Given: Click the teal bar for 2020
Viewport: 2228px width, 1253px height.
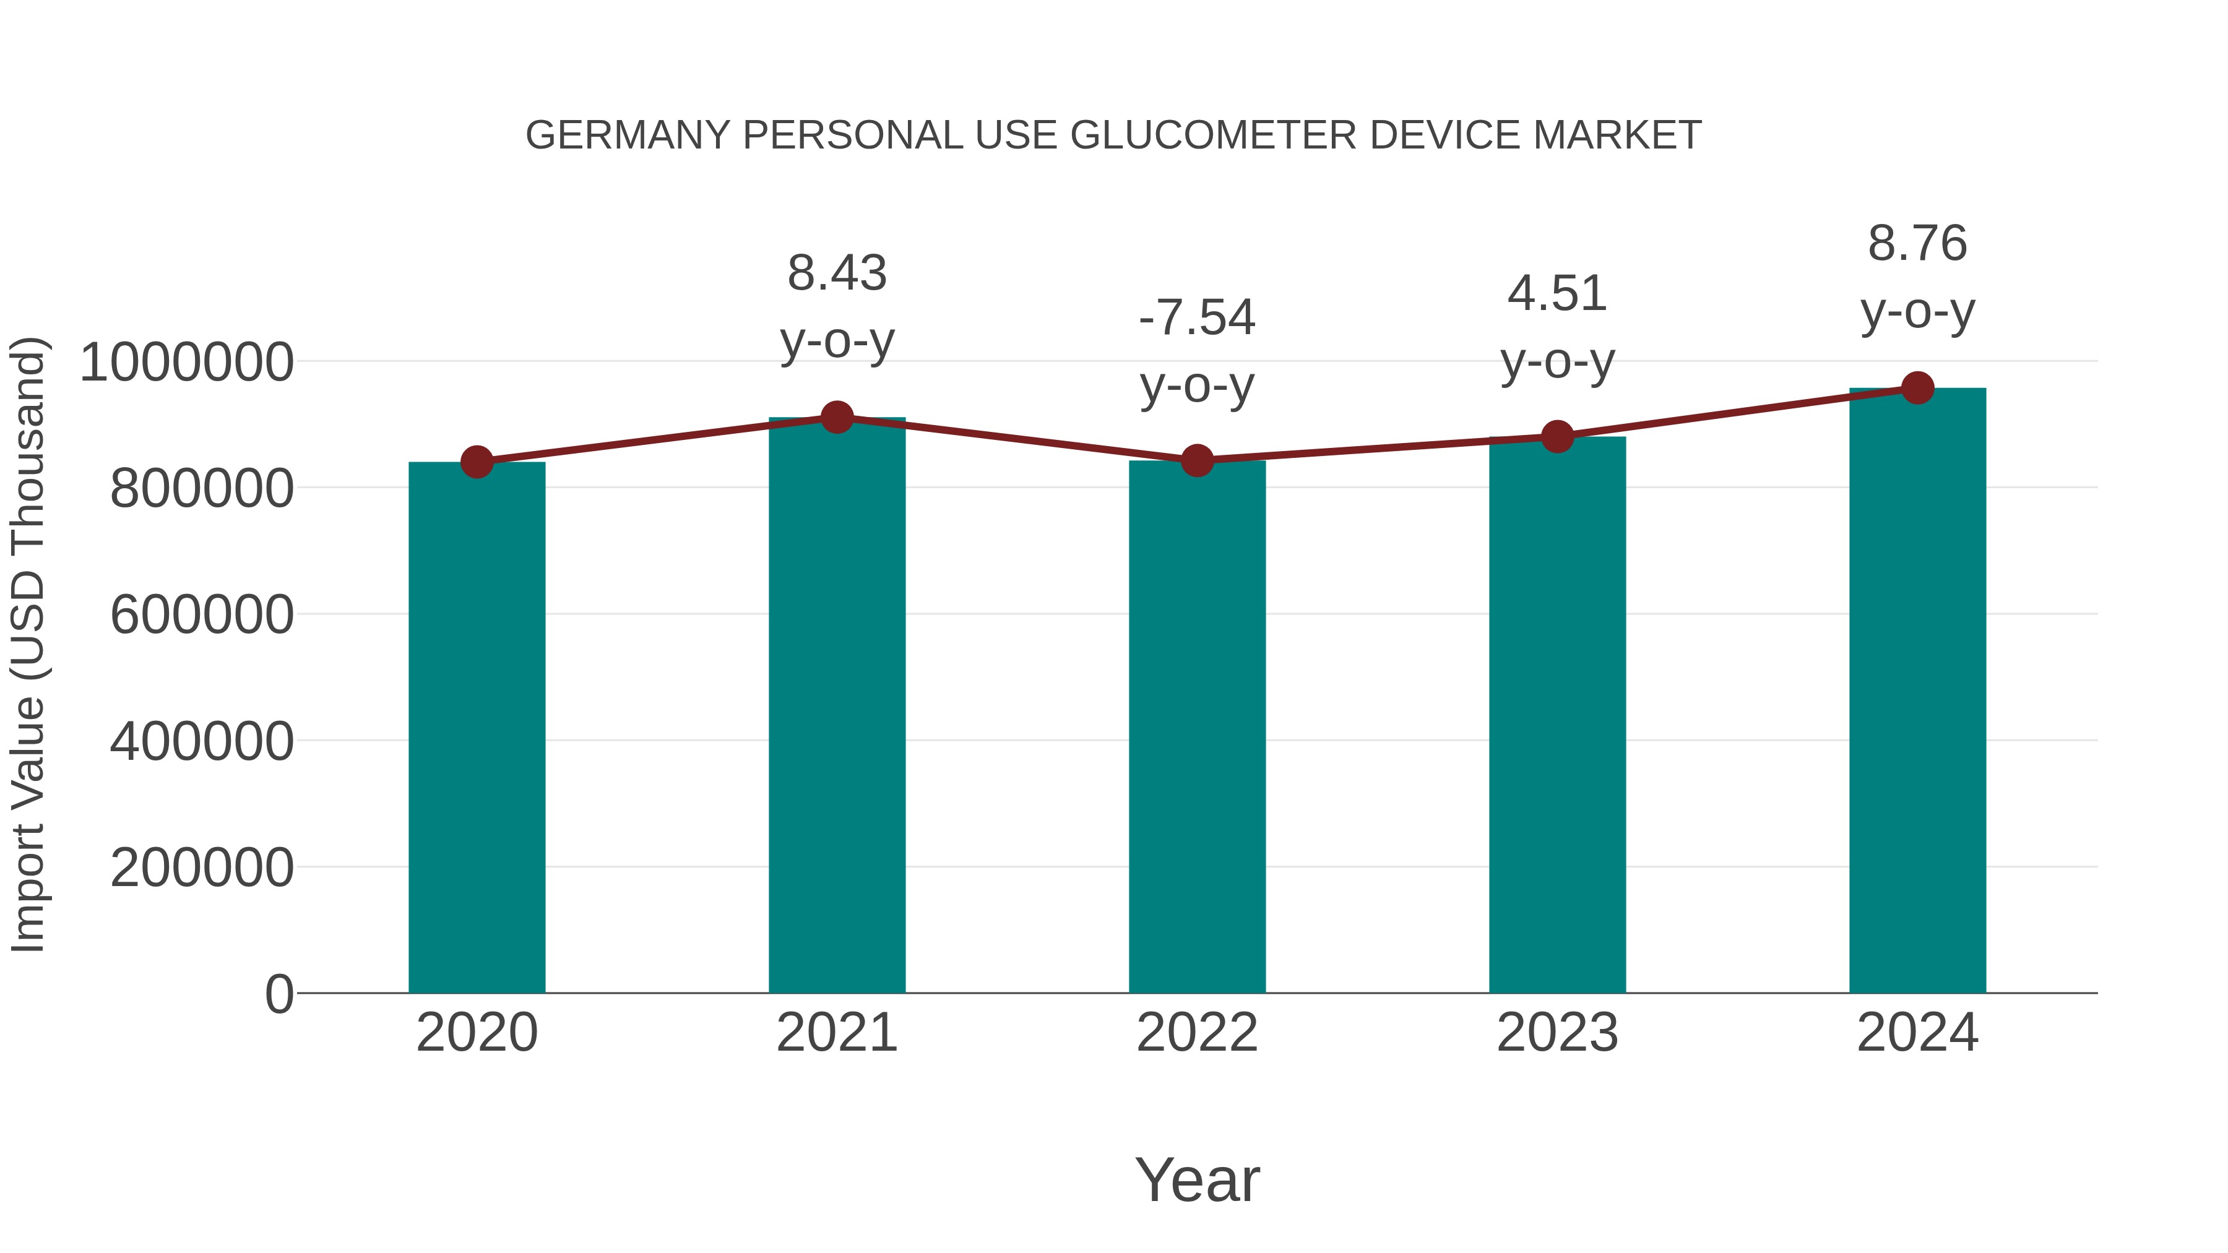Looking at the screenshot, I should (477, 726).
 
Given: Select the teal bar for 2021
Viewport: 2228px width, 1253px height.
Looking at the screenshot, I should (836, 705).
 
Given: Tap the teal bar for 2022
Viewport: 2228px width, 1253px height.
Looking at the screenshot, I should (1197, 726).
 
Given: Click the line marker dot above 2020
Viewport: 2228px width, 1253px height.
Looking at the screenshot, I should (477, 463).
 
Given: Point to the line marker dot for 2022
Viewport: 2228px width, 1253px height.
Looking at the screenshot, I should (1197, 461).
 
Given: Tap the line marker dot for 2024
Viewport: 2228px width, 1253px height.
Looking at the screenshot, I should (1917, 388).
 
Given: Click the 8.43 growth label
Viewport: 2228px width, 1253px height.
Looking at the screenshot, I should (836, 273).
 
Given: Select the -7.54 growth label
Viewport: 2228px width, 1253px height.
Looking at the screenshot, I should (1197, 317).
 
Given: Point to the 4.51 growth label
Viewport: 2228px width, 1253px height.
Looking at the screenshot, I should (1557, 294).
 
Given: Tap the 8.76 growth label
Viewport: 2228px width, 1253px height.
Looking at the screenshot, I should (1917, 244).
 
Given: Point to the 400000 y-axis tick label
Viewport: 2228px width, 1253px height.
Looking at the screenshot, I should (202, 741).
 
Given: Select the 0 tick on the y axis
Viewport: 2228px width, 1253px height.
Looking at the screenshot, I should (278, 994).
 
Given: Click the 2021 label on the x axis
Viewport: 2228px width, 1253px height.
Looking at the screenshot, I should (836, 1033).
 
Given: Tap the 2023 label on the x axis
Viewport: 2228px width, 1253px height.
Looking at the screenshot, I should (1557, 1033).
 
